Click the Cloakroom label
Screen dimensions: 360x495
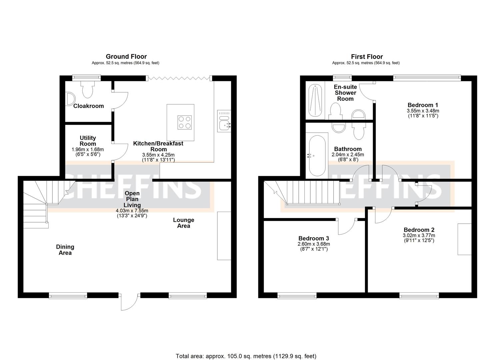(88, 106)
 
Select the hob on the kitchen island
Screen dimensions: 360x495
(185, 122)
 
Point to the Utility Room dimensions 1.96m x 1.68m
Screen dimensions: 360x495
(88, 149)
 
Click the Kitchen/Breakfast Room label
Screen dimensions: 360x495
(158, 146)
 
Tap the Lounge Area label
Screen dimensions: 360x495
(183, 223)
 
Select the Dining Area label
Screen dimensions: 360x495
(65, 250)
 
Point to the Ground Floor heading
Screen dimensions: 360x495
(126, 57)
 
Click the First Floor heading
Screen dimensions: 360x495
(367, 57)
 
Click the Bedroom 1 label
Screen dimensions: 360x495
(423, 105)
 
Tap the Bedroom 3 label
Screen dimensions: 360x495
(313, 238)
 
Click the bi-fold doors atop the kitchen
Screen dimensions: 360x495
(179, 78)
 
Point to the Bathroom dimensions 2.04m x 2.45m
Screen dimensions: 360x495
(348, 155)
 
